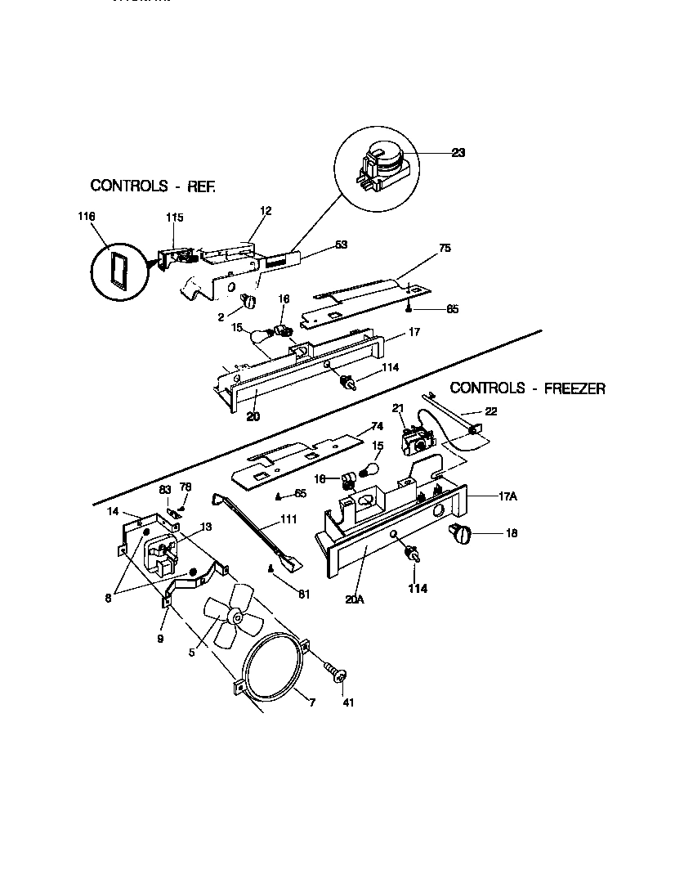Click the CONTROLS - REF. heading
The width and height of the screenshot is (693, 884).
tap(153, 186)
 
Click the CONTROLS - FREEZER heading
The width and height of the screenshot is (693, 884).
tap(528, 388)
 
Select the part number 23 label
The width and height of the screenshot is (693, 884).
tap(458, 152)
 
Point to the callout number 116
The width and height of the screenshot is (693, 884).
tap(87, 216)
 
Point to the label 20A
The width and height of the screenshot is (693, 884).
tap(354, 599)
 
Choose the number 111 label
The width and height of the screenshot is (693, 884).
tap(288, 519)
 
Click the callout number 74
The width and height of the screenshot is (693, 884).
tap(377, 425)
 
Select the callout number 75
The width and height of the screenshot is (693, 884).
tap(445, 247)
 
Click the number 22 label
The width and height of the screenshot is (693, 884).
tap(491, 411)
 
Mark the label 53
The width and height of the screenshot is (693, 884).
tap(341, 244)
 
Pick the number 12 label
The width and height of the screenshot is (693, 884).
tap(265, 210)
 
